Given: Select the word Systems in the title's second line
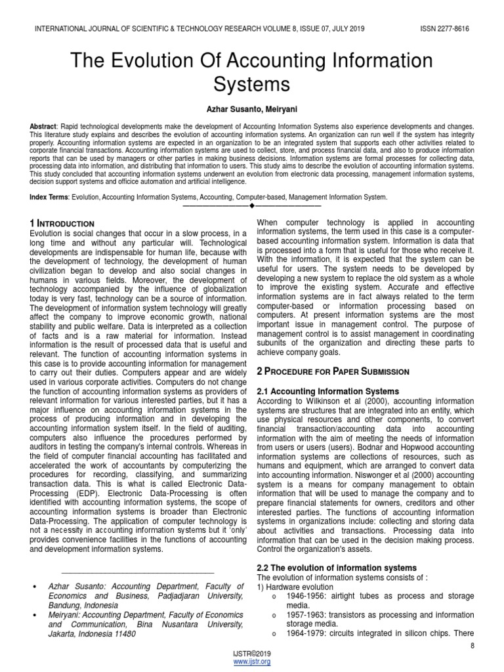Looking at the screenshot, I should [252, 85].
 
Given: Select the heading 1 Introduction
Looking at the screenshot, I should [62, 224].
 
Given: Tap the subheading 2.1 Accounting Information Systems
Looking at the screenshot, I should [327, 392].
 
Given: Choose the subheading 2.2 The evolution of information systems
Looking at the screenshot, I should [336, 567].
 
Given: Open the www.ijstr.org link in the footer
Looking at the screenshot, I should [252, 662].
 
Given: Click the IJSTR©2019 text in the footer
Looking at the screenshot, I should [252, 654].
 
